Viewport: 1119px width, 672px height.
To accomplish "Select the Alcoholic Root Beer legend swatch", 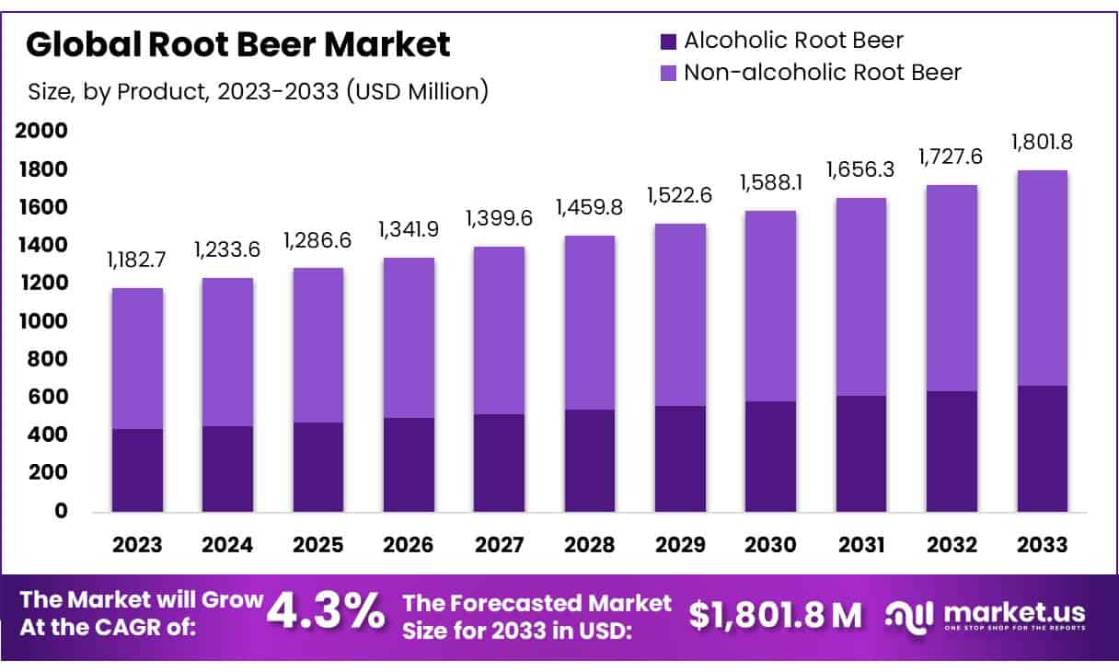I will [x=668, y=41].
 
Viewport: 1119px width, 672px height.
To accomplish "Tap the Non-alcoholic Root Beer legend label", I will [x=822, y=73].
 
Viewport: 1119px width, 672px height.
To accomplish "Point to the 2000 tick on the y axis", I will [x=42, y=132].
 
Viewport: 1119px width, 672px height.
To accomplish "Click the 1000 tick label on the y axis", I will [x=42, y=321].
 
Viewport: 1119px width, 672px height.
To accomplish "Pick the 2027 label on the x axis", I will [x=500, y=545].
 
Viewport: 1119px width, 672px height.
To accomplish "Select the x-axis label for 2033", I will [x=1043, y=545].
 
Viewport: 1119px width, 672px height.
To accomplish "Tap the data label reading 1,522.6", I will [x=680, y=195].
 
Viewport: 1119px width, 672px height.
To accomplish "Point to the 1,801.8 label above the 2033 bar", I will [x=1043, y=143].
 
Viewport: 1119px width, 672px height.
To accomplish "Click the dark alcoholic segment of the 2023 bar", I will [x=137, y=469].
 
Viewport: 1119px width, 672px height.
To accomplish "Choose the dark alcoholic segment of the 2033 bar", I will [x=1043, y=448].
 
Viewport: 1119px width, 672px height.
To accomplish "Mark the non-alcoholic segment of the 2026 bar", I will [x=409, y=338].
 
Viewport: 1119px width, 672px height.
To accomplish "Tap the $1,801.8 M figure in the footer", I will [x=775, y=615].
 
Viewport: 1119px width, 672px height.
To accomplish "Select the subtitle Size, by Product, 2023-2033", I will [x=258, y=91].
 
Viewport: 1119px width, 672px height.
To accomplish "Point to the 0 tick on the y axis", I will [x=61, y=511].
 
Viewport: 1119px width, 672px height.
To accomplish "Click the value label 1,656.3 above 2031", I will [x=861, y=169].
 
